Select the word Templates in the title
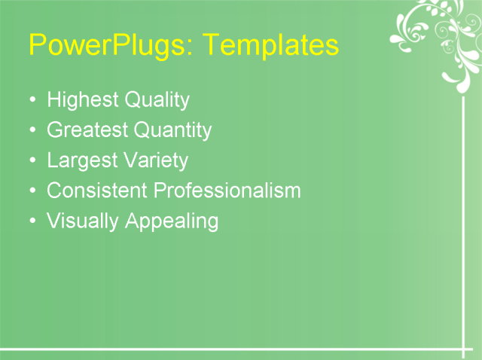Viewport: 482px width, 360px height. pyautogui.click(x=271, y=46)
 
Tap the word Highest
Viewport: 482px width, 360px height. pyautogui.click(x=78, y=100)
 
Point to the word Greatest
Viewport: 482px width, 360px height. pyautogui.click(x=87, y=130)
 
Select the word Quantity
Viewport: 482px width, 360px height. pyautogui.click(x=173, y=131)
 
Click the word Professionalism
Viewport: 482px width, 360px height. pyautogui.click(x=227, y=191)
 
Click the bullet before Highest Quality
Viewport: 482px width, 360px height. pyautogui.click(x=32, y=100)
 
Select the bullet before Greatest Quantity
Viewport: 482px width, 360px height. pyautogui.click(x=32, y=130)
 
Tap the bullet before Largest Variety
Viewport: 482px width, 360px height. pyautogui.click(x=32, y=160)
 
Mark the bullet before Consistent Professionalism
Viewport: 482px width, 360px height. pyautogui.click(x=32, y=191)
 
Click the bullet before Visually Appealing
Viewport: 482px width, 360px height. pyautogui.click(x=32, y=221)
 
